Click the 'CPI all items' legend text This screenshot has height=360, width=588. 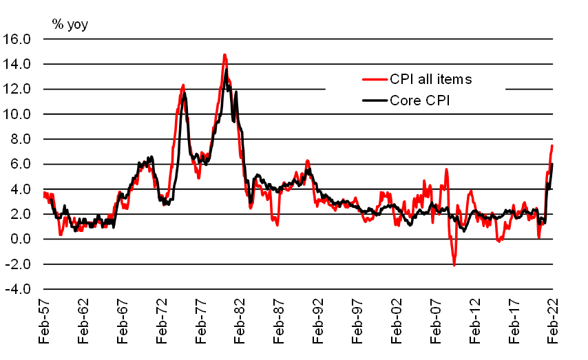(x=431, y=79)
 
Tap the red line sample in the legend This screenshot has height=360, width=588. (x=375, y=79)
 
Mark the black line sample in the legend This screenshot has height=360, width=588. (x=375, y=100)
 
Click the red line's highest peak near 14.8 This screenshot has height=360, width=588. (x=224, y=54)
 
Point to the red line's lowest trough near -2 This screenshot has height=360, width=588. (x=454, y=265)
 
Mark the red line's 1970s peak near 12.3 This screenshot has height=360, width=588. (x=183, y=85)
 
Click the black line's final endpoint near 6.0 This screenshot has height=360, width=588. (x=552, y=164)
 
